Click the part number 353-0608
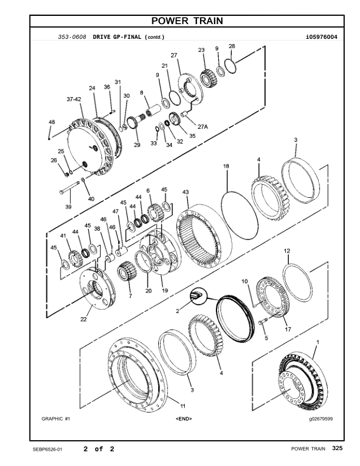click(x=72, y=37)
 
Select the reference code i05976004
click(x=321, y=37)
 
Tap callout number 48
click(x=51, y=122)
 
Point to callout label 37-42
click(x=74, y=99)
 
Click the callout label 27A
click(x=202, y=126)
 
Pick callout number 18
click(x=226, y=167)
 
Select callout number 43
click(x=185, y=192)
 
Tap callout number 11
click(x=182, y=406)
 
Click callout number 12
click(x=287, y=251)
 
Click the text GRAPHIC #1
click(x=56, y=419)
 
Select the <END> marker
click(x=184, y=419)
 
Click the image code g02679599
click(x=321, y=419)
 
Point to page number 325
click(x=337, y=449)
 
